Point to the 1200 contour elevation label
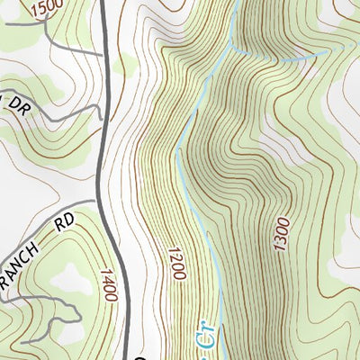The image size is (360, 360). tap(175, 260)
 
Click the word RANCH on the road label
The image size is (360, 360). tap(20, 263)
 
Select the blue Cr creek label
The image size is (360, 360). tap(202, 336)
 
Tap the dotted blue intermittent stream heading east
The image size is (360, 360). tap(288, 59)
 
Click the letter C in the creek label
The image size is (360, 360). tap(202, 341)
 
